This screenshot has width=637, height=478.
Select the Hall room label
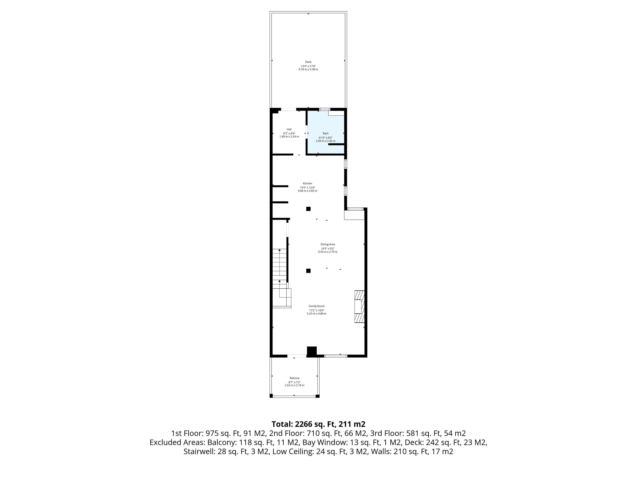(x=289, y=129)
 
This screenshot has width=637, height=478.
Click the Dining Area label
(x=328, y=244)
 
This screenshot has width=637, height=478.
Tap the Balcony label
(x=295, y=378)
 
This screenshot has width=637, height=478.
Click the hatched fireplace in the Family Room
(x=359, y=307)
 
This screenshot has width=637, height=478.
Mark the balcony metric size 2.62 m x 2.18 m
(x=295, y=385)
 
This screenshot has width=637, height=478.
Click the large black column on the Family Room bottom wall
(x=312, y=351)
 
